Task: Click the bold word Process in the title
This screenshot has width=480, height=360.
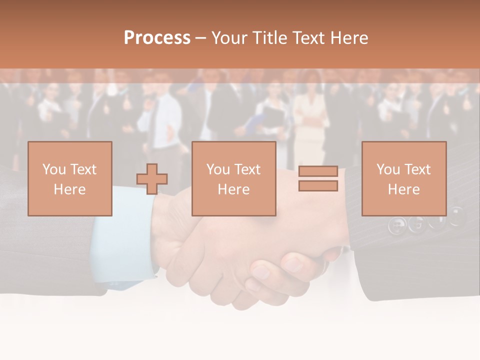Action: tap(157, 38)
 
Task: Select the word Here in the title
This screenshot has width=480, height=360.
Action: tap(348, 38)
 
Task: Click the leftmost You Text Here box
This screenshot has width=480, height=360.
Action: tap(70, 178)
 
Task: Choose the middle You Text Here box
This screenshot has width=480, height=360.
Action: tap(233, 178)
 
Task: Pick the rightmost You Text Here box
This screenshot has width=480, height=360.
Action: tap(403, 178)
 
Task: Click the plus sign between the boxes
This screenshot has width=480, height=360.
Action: tap(152, 179)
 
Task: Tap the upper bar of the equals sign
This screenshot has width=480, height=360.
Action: tap(318, 171)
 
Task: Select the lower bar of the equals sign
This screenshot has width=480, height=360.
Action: tap(318, 186)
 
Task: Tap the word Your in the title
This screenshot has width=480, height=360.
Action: tap(229, 38)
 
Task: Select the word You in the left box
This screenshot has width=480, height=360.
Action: tap(54, 169)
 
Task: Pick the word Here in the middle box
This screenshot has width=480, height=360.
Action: tap(233, 189)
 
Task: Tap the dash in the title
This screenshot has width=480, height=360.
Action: tap(200, 38)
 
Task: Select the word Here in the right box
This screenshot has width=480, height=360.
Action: tap(403, 189)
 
